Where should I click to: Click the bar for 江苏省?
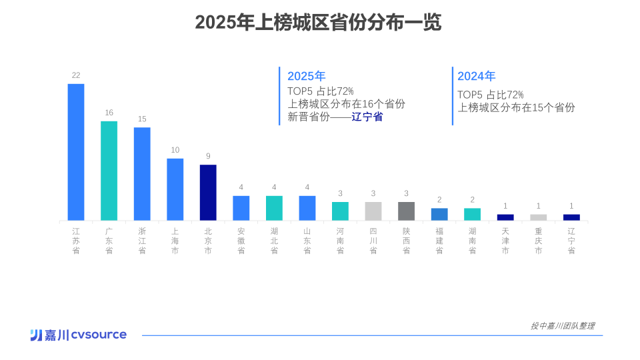point(76,152)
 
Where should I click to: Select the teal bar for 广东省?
point(109,171)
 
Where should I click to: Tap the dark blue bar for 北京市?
point(208,193)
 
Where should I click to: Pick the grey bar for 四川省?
point(373,211)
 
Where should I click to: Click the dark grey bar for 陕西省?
point(406,211)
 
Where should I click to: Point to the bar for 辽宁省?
point(571,217)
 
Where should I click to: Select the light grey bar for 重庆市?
point(538,217)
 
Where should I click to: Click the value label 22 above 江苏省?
point(76,75)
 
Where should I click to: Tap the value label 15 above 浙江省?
point(142,119)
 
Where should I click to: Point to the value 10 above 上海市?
point(175,150)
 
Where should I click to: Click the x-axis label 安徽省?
point(241,241)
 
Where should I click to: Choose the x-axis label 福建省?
point(439,241)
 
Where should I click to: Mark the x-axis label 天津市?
point(505,241)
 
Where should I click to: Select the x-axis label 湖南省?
point(472,241)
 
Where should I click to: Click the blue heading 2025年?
point(306,76)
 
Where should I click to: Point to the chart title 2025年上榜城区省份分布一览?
point(318,23)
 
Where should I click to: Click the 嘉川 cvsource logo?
point(78,335)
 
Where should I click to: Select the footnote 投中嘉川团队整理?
point(562,326)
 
